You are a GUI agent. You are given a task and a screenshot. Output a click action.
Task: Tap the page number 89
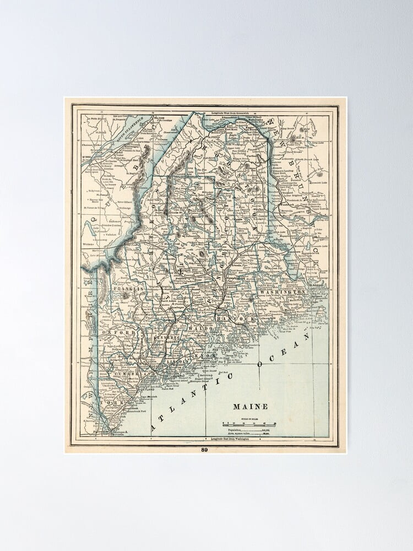[204, 449]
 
